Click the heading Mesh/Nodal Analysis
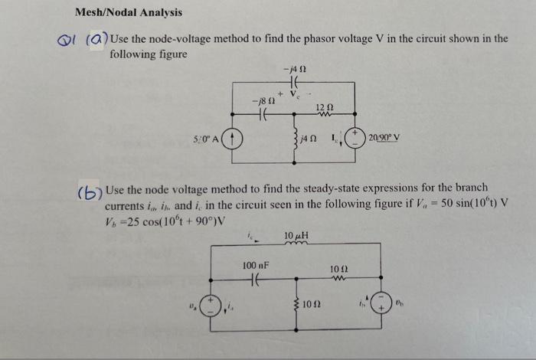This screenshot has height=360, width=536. coord(128,12)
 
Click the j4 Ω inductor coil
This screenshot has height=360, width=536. coord(295,138)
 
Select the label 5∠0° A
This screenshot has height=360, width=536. coord(205,139)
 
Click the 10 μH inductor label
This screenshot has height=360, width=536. coord(296,233)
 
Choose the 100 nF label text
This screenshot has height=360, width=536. coord(256,265)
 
